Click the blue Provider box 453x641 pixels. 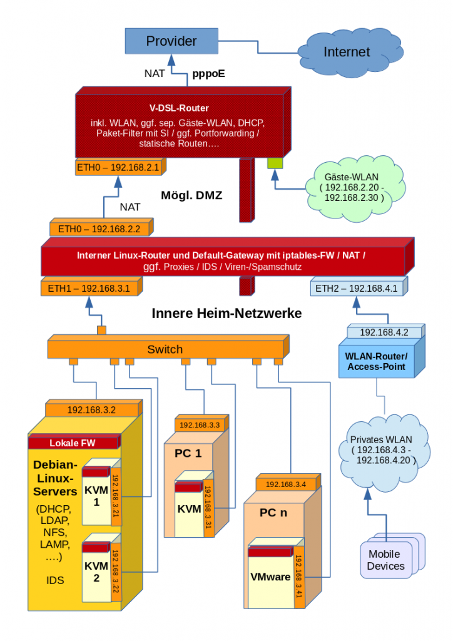(171, 41)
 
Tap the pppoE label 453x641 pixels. (205, 73)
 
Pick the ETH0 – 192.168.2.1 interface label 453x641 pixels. (118, 168)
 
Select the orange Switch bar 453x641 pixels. (165, 349)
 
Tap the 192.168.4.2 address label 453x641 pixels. (384, 332)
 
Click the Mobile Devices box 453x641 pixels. (386, 560)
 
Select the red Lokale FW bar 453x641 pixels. (73, 443)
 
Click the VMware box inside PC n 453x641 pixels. (270, 577)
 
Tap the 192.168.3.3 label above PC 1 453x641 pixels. (200, 425)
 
